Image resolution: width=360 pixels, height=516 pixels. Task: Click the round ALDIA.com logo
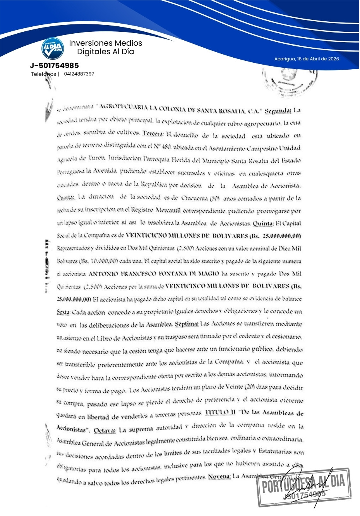pyautogui.click(x=53, y=48)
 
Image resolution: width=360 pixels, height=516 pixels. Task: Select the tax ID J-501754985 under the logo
pyautogui.click(x=54, y=65)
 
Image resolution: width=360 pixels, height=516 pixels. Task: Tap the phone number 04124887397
pyautogui.click(x=79, y=74)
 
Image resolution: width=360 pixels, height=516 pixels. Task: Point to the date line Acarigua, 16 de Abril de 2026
pyautogui.click(x=306, y=59)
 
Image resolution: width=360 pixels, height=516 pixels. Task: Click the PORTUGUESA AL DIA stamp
pyautogui.click(x=304, y=487)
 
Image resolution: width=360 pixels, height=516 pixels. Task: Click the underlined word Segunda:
pyautogui.click(x=278, y=111)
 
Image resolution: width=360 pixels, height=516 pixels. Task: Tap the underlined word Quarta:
pyautogui.click(x=65, y=197)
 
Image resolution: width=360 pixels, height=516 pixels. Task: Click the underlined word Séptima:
pyautogui.click(x=187, y=324)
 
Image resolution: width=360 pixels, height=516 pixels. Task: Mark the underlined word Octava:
pyautogui.click(x=105, y=430)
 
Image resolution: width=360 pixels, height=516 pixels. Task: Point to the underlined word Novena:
pyautogui.click(x=219, y=476)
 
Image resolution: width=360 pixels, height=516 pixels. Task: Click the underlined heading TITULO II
pyautogui.click(x=220, y=412)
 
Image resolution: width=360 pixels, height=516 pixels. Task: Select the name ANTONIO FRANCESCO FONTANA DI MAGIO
pyautogui.click(x=154, y=274)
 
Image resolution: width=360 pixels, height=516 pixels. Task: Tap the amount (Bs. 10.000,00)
pyautogui.click(x=93, y=261)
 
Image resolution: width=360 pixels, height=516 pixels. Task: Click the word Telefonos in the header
pyautogui.click(x=44, y=74)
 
